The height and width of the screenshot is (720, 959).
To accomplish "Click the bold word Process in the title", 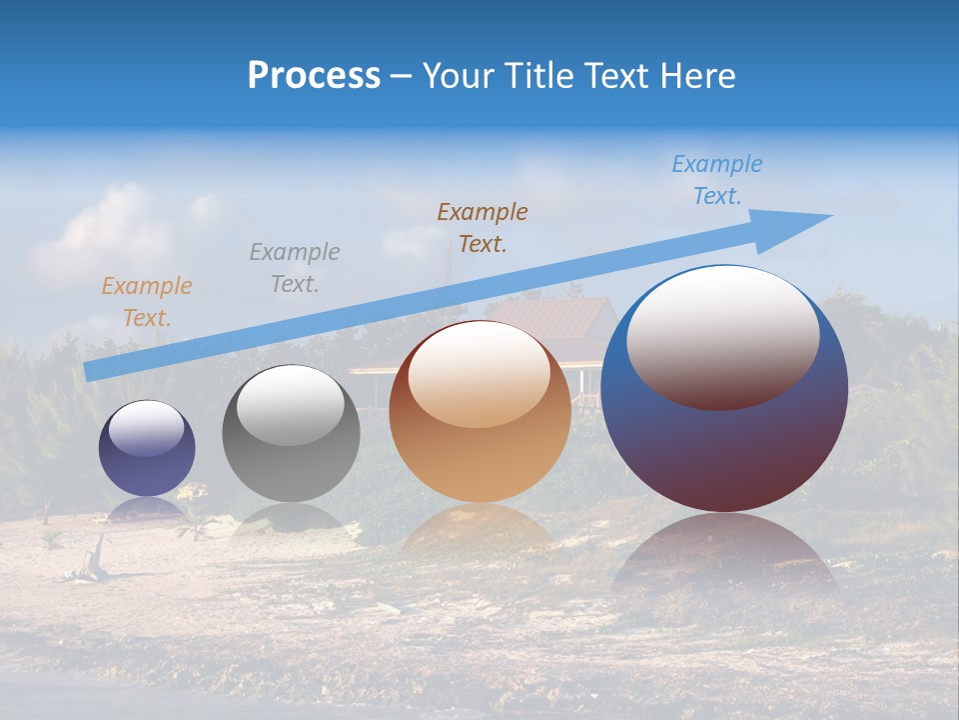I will pos(314,75).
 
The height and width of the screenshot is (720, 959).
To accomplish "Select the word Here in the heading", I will pos(695,75).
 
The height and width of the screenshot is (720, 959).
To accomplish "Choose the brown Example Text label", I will pos(482,228).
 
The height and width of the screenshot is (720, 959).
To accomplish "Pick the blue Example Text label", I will pos(716,180).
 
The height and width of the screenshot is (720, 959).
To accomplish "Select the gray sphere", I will pos(291,450).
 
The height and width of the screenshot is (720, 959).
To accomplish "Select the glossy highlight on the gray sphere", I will pos(291,405).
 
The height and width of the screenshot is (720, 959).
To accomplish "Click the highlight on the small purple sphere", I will pos(146,428).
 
